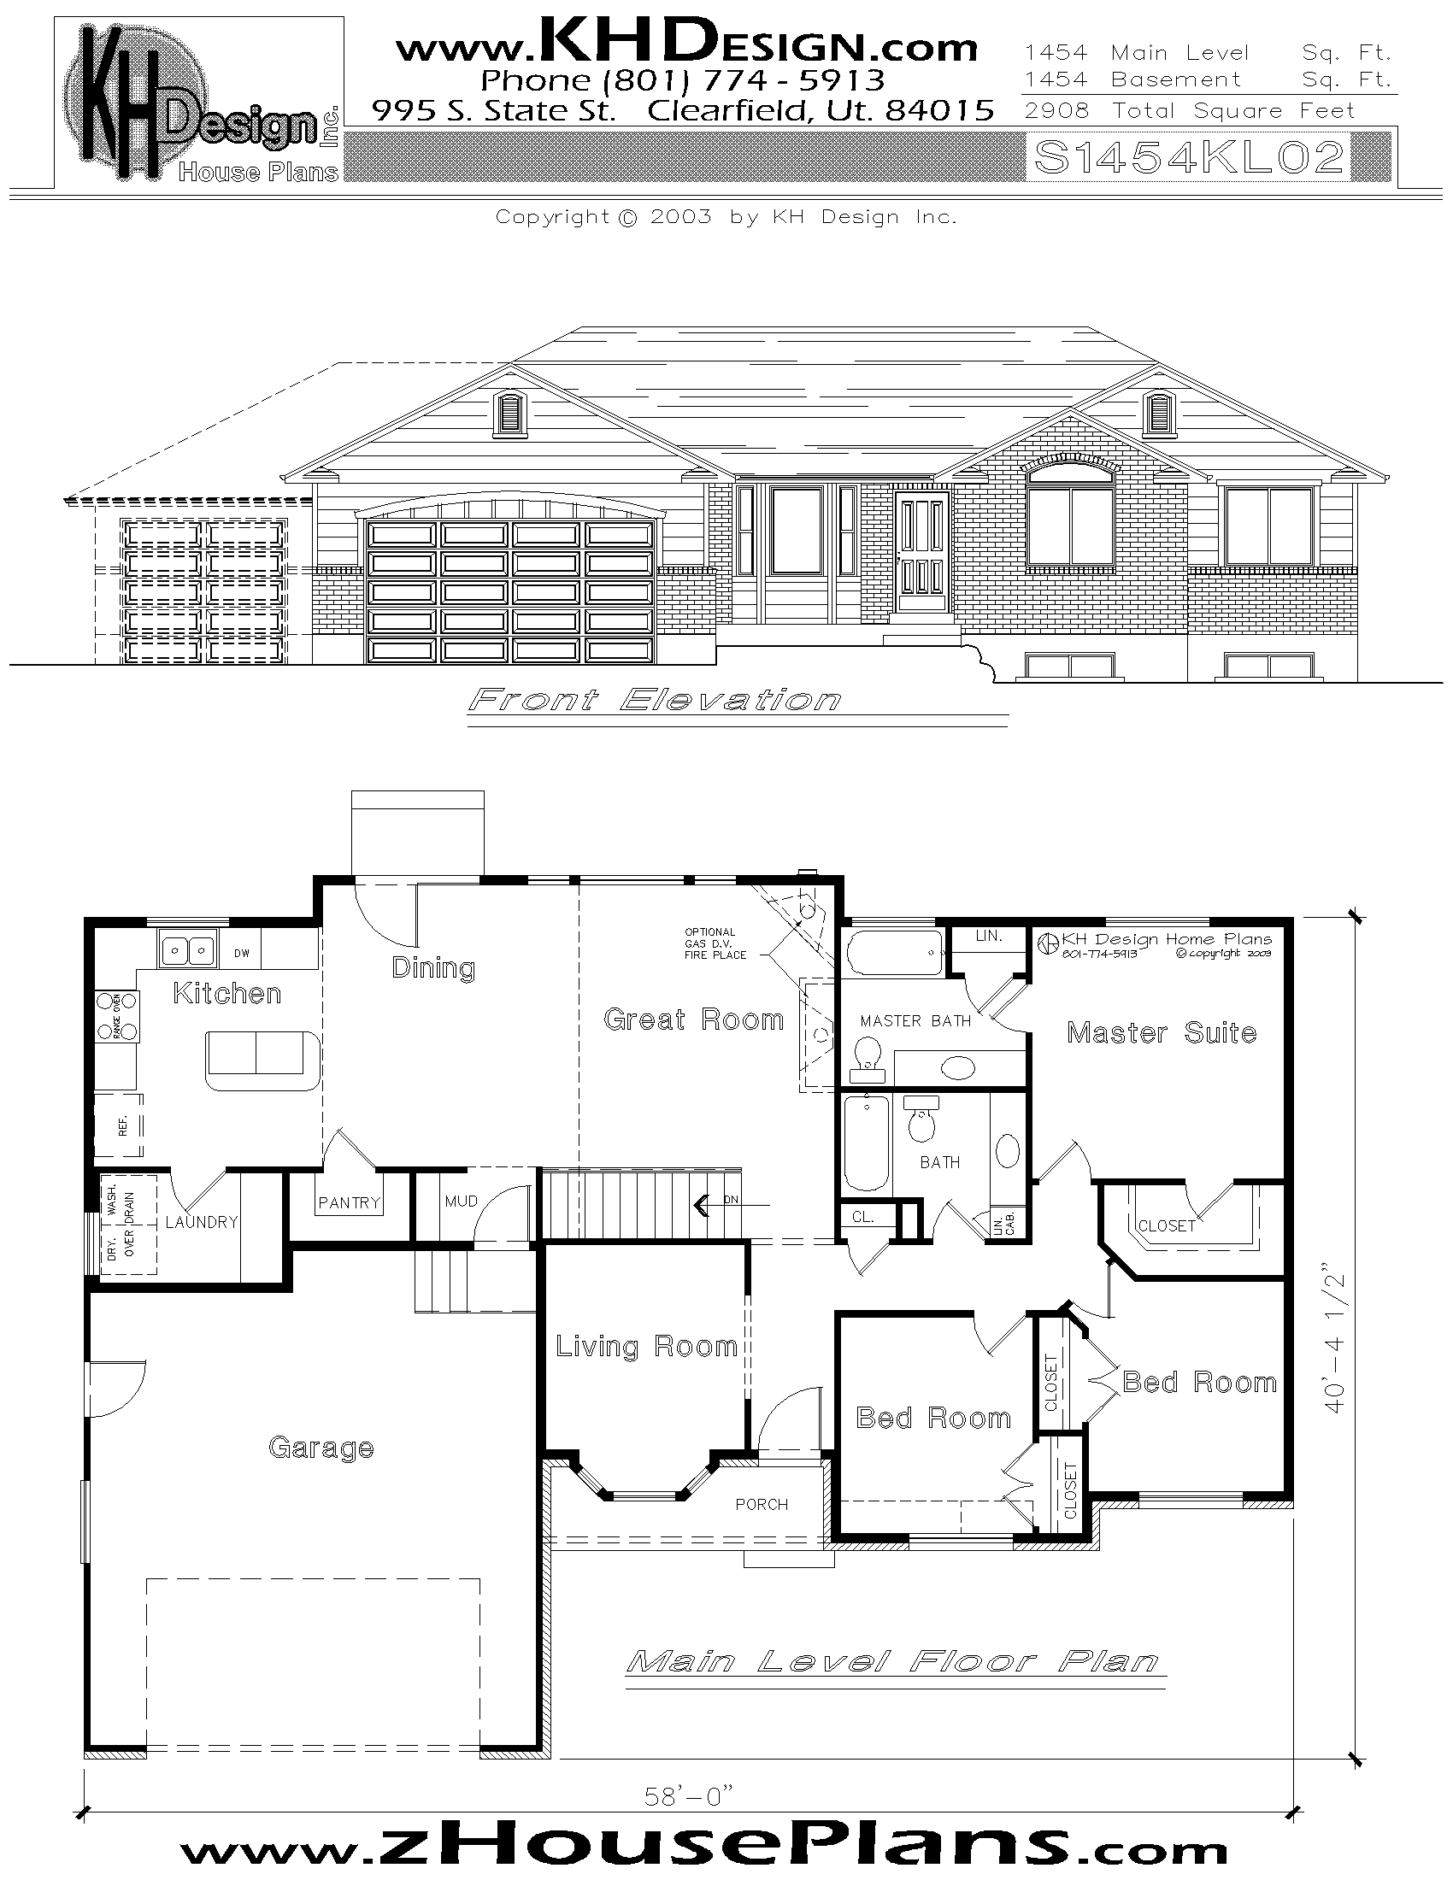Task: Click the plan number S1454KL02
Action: point(1189,157)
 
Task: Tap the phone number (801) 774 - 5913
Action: point(682,80)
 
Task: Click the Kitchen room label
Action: point(227,993)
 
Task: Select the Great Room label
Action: point(694,1020)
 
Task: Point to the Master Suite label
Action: point(1162,1032)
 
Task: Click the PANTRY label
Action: point(349,1202)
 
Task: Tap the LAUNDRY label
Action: point(202,1221)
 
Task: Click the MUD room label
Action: point(462,1201)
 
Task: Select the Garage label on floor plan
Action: point(321,1448)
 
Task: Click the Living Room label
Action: point(645,1346)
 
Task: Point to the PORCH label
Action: point(761,1504)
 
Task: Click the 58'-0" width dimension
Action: point(689,1795)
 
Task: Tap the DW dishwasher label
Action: point(242,953)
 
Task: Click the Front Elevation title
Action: point(654,700)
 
